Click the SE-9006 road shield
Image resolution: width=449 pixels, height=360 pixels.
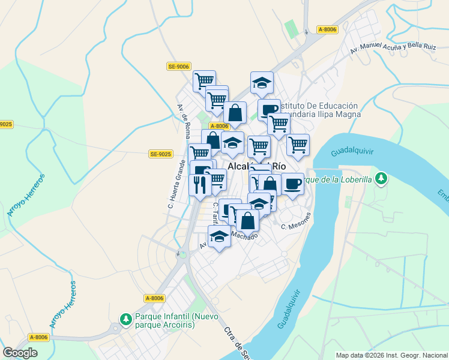point(178,67)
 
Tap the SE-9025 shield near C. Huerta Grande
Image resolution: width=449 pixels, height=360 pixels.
point(161,154)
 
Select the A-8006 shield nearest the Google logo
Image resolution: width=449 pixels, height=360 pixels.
point(38,337)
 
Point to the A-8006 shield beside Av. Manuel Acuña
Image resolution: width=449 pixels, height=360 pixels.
point(328,29)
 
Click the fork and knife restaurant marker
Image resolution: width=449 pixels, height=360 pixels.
point(200,184)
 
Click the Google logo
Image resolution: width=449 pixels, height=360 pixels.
point(20,353)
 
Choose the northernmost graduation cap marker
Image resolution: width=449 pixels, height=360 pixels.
point(262,83)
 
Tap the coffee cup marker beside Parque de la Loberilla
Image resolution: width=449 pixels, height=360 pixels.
point(292,184)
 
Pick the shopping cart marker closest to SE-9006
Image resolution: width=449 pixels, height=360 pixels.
point(205,80)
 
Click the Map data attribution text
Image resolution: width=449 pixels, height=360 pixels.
point(391,355)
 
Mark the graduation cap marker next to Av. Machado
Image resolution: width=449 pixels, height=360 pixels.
point(220,236)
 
